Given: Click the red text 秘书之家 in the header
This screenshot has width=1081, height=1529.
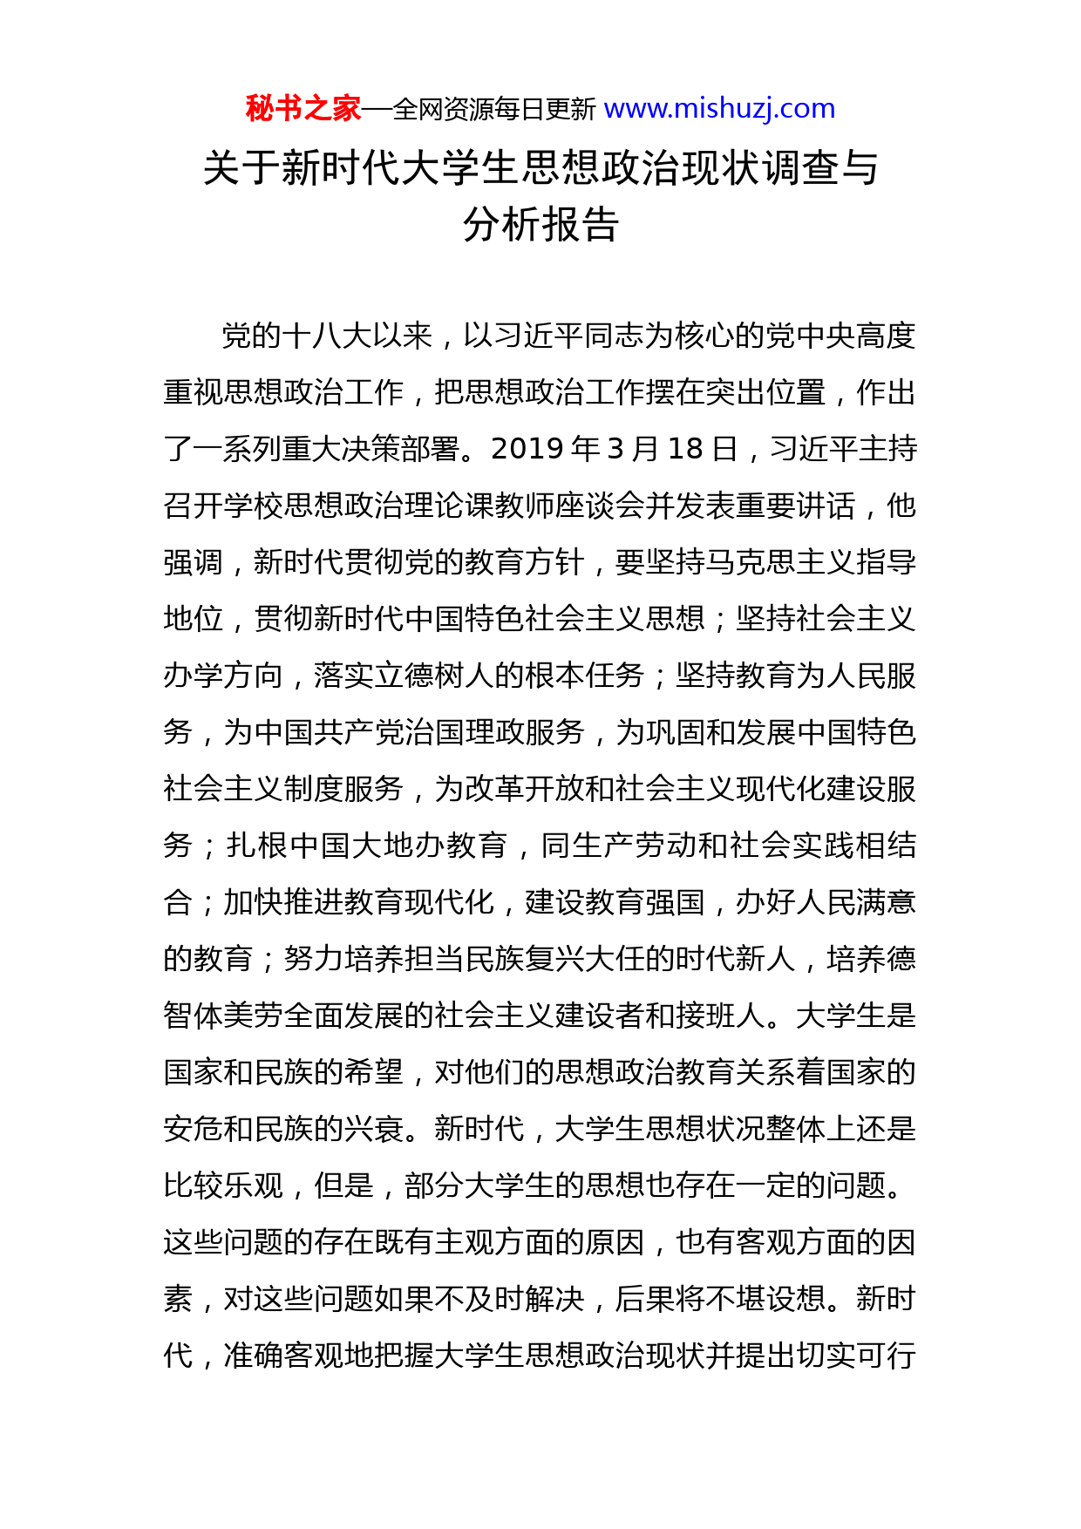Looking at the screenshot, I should point(303,109).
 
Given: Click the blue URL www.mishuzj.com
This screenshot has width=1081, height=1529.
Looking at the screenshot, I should point(719,109).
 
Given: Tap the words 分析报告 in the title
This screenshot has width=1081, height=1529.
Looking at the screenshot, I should point(540,225).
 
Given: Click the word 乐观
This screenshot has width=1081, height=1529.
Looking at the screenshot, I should point(253,1186).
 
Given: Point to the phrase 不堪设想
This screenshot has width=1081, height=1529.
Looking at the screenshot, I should point(765,1299).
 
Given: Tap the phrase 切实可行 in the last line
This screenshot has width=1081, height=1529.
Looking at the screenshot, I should point(856,1356).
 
